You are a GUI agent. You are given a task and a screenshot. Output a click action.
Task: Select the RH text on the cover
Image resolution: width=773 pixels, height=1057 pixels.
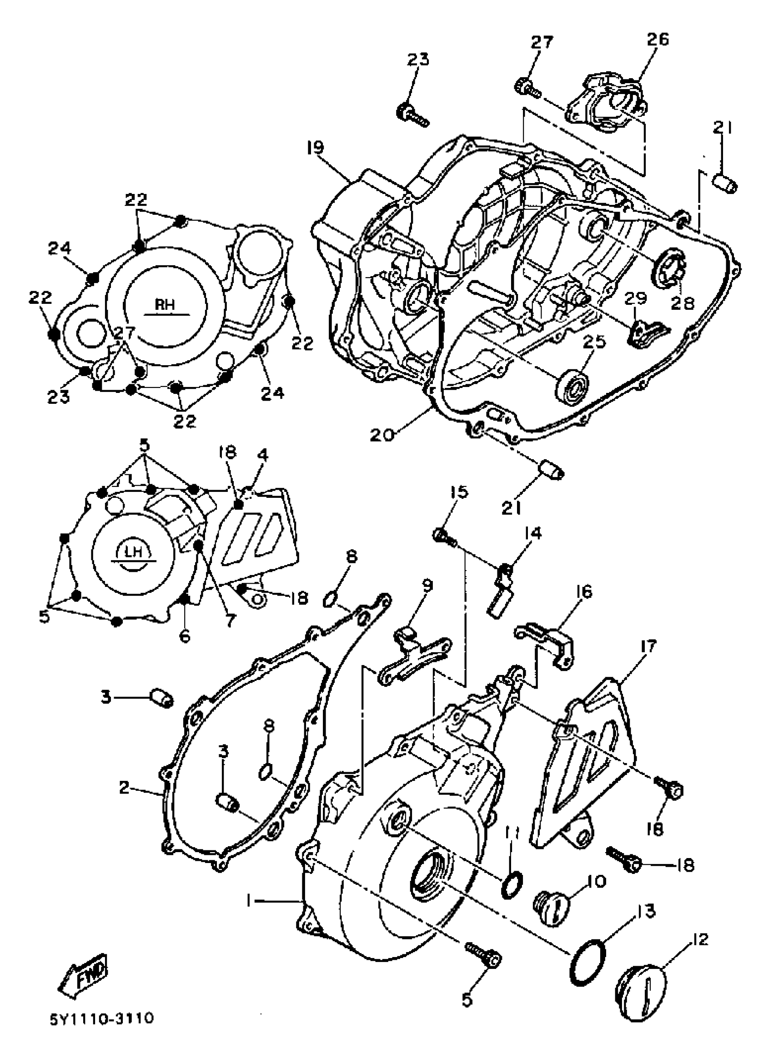(x=165, y=304)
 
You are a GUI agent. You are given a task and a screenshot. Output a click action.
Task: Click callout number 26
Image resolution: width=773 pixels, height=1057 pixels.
(x=658, y=39)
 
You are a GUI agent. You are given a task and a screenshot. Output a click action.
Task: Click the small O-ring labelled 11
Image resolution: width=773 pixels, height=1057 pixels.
(x=512, y=884)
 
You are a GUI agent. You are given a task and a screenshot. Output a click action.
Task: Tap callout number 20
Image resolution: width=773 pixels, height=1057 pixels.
(x=382, y=434)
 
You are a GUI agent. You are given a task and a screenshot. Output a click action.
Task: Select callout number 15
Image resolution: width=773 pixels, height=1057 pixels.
(x=459, y=492)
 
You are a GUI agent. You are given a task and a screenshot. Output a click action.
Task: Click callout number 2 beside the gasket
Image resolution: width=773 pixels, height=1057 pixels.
(x=123, y=788)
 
